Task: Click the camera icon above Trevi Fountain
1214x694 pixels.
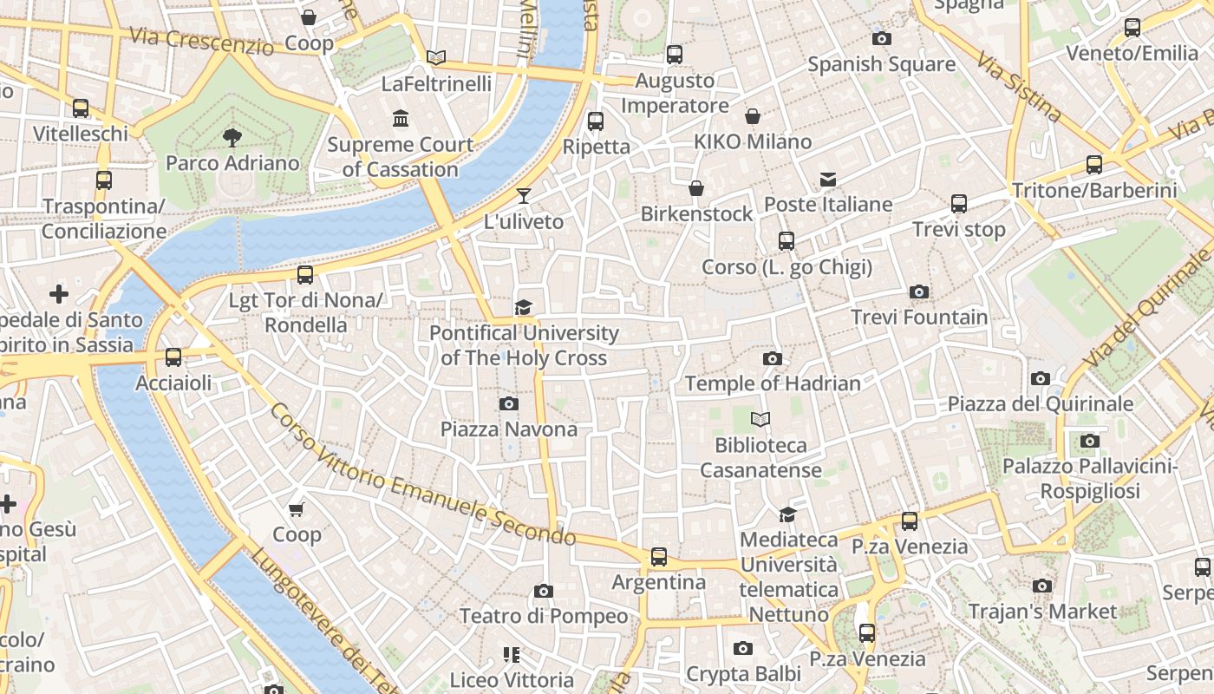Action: tap(919, 292)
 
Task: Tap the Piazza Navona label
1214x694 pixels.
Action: tap(509, 429)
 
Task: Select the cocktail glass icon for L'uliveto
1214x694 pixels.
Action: tap(524, 195)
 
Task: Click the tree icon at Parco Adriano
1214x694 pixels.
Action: tap(232, 137)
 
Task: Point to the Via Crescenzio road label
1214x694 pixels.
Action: tap(201, 42)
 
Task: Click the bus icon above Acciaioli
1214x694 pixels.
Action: tap(173, 357)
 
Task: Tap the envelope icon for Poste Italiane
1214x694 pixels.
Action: tap(828, 180)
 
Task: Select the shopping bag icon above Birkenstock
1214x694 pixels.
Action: tap(696, 188)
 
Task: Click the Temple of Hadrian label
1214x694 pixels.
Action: tap(773, 383)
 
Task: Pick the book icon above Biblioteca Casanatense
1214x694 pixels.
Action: tap(760, 420)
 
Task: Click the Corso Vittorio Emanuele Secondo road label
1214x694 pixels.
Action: tap(422, 475)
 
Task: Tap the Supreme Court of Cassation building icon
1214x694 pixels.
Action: tap(401, 119)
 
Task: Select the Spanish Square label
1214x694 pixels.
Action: tap(881, 64)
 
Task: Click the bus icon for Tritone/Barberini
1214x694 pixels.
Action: tap(1094, 165)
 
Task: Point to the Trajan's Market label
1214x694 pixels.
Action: tap(1042, 612)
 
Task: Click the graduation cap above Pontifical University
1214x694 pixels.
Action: tap(523, 308)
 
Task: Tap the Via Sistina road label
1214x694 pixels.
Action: tap(1019, 86)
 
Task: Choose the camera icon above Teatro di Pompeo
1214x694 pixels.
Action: tap(544, 592)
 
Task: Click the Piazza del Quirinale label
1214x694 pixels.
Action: tap(1040, 404)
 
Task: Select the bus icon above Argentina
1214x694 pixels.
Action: tap(659, 557)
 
